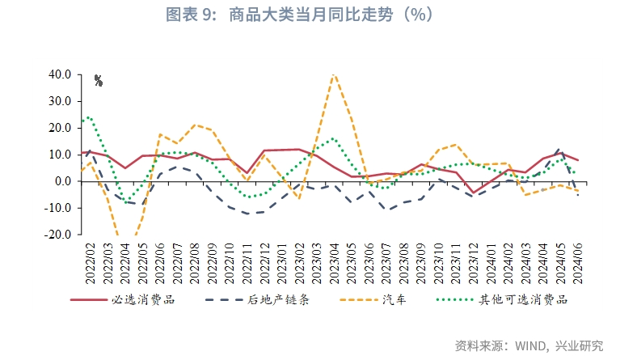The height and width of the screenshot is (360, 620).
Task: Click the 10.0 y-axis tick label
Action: pyautogui.click(x=61, y=155)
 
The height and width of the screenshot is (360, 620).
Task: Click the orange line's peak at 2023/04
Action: pyautogui.click(x=334, y=74)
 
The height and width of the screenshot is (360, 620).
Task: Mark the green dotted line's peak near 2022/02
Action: pyautogui.click(x=89, y=117)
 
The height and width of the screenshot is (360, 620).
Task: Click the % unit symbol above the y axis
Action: pyautogui.click(x=99, y=80)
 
